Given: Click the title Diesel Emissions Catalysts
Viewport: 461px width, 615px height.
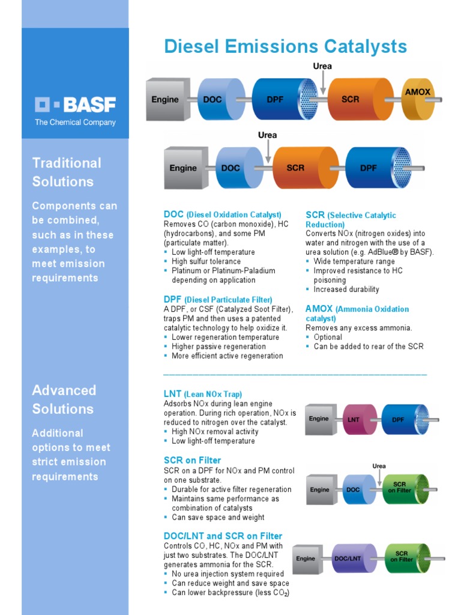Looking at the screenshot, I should [x=285, y=46].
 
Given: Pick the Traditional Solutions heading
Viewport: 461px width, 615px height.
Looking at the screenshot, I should [x=66, y=172].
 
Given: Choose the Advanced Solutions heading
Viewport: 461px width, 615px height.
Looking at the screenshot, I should [x=64, y=399].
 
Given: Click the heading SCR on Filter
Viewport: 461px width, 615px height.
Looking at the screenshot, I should [x=192, y=461].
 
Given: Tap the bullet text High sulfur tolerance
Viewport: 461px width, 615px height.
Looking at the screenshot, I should [x=206, y=261].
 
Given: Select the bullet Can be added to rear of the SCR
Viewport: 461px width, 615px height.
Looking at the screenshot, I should [x=368, y=346].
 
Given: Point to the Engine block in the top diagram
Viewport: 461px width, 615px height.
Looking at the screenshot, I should [x=166, y=99].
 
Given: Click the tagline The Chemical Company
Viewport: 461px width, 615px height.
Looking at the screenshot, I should [x=75, y=123].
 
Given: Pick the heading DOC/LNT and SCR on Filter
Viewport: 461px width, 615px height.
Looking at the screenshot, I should [x=223, y=536].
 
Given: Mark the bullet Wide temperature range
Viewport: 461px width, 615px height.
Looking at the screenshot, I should [x=354, y=261].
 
